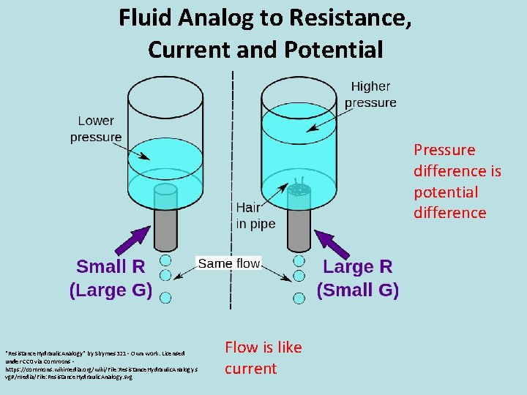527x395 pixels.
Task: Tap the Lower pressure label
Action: pos(96,129)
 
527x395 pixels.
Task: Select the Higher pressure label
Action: pos(370,94)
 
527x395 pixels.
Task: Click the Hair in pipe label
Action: pos(255,216)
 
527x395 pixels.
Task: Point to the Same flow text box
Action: pos(229,263)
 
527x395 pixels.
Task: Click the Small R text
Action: pos(111,266)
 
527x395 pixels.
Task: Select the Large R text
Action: pos(357,266)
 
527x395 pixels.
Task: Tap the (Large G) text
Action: pos(111,290)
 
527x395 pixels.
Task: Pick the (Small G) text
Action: pos(357,290)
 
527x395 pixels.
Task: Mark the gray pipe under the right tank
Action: pos(299,228)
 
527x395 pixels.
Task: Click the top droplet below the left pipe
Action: pos(165,260)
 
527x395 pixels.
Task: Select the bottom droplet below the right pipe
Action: pos(299,297)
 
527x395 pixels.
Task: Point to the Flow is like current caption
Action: pos(263,358)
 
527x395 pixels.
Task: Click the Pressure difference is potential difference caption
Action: pos(457,181)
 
